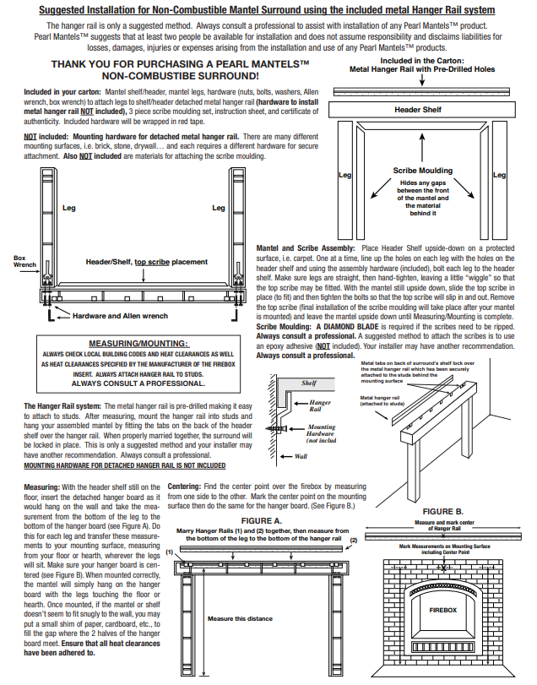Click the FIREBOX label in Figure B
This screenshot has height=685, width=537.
[442, 608]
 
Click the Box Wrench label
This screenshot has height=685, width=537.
[25, 261]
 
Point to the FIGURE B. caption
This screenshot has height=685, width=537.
[442, 512]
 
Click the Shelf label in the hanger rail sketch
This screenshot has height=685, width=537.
[309, 383]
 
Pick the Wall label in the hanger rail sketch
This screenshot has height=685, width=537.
[301, 456]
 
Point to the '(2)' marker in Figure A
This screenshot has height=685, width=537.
[353, 539]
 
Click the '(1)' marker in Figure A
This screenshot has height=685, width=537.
[170, 552]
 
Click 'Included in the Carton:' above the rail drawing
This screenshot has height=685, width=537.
[420, 62]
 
